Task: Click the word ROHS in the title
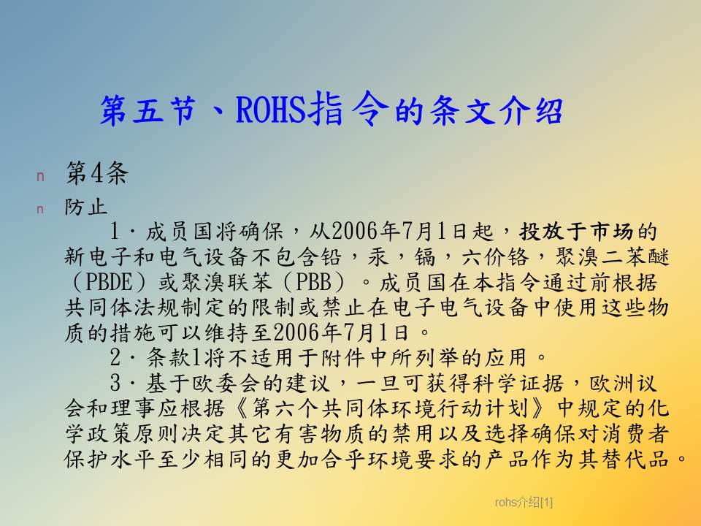pos(271,110)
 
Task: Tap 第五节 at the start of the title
pos(148,110)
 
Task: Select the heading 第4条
pos(97,173)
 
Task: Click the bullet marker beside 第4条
pos(40,176)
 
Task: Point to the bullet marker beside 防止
pos(40,209)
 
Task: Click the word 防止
pos(86,207)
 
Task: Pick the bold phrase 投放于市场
pos(576,232)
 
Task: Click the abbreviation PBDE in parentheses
pos(109,282)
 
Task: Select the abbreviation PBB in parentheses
pos(314,282)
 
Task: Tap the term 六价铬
pos(495,257)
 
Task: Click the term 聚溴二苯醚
pos(613,257)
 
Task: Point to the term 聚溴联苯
pos(226,282)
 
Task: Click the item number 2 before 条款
pos(115,357)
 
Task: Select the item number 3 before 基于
pos(115,383)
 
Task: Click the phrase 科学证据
pos(518,384)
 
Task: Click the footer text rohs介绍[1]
pos(524,503)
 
